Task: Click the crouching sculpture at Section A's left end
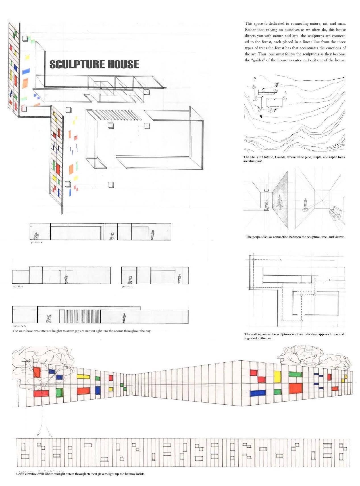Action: [36, 236]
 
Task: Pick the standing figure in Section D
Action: [66, 279]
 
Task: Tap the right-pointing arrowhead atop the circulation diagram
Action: [280, 260]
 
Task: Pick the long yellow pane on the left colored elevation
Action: [83, 377]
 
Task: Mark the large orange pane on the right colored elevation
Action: [296, 388]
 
